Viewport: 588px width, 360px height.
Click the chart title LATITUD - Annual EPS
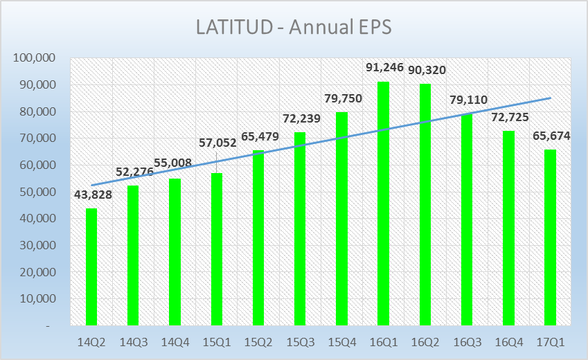pyautogui.click(x=294, y=28)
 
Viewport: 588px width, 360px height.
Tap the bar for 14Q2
pyautogui.click(x=91, y=267)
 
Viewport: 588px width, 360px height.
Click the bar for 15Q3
pyautogui.click(x=300, y=228)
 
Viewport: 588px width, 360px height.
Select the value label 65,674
pyautogui.click(x=551, y=136)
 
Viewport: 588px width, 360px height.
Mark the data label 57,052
pyautogui.click(x=217, y=143)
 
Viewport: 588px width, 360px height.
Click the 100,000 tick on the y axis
pyautogui.click(x=35, y=58)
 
